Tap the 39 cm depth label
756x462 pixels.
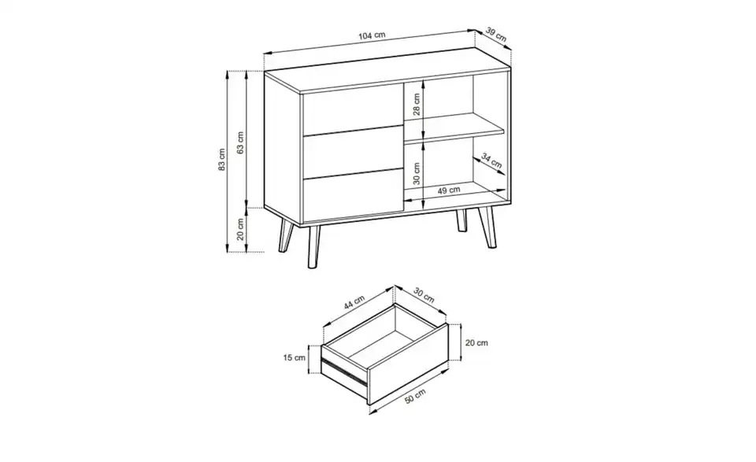pos(496,34)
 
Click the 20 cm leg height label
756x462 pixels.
pos(241,230)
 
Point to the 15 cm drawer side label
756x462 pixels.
pos(295,358)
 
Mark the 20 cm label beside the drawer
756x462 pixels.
pos(477,342)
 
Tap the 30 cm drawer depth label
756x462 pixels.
pos(423,296)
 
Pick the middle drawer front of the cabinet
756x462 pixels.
pos(349,153)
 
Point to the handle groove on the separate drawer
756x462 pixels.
pos(343,375)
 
